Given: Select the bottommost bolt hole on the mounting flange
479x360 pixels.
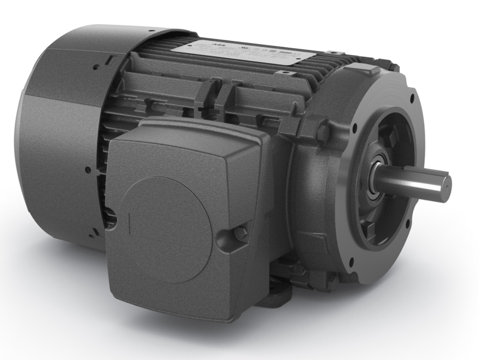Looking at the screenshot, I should (x=351, y=260).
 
